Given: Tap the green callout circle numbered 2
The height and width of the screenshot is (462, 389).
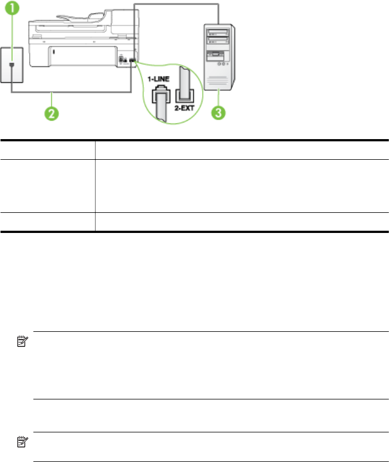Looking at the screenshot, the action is (51, 114).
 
